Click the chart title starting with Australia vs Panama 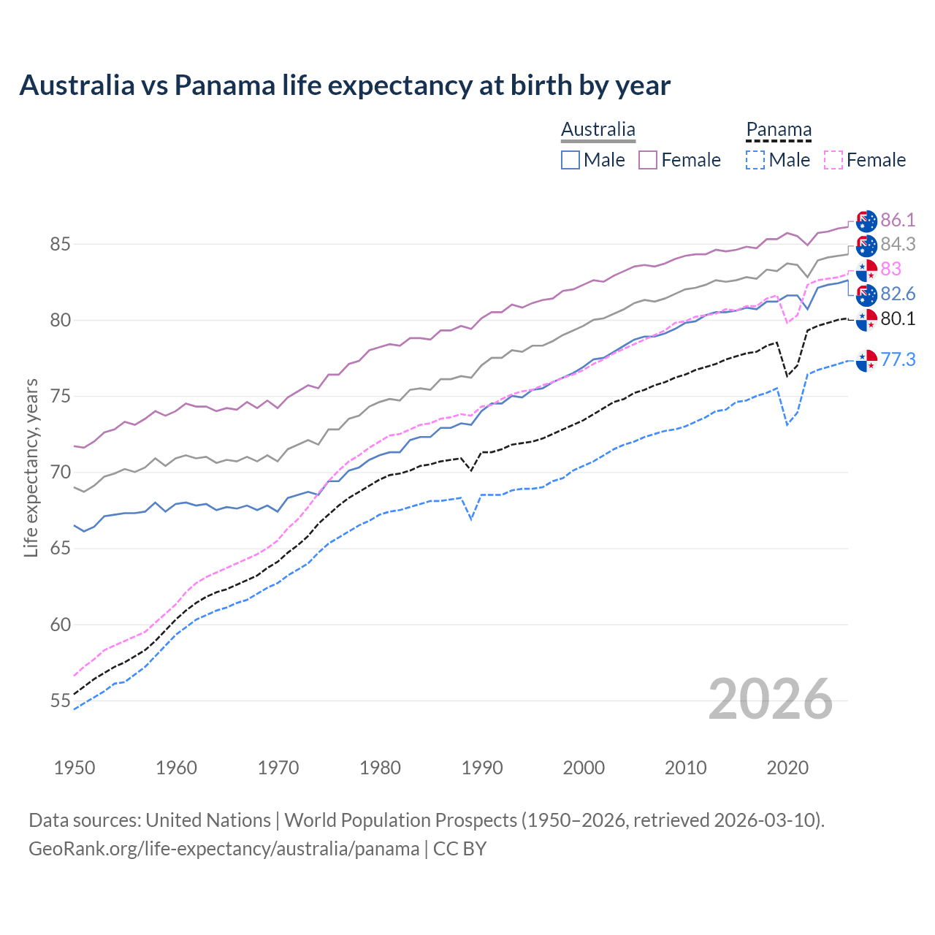345,85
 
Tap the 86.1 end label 898,220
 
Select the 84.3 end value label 898,244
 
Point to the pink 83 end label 890,269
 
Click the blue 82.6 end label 898,294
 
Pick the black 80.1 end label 898,318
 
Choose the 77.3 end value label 898,359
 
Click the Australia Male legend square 570,160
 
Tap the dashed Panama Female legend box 833,160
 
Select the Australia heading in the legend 598,130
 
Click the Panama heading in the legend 779,130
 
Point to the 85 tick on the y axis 60,244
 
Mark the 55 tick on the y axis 60,701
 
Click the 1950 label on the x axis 75,768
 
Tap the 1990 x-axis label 482,768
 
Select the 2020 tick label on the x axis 787,768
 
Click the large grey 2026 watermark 771,700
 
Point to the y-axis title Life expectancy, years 31,467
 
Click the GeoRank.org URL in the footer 224,849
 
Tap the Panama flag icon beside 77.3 866,360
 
